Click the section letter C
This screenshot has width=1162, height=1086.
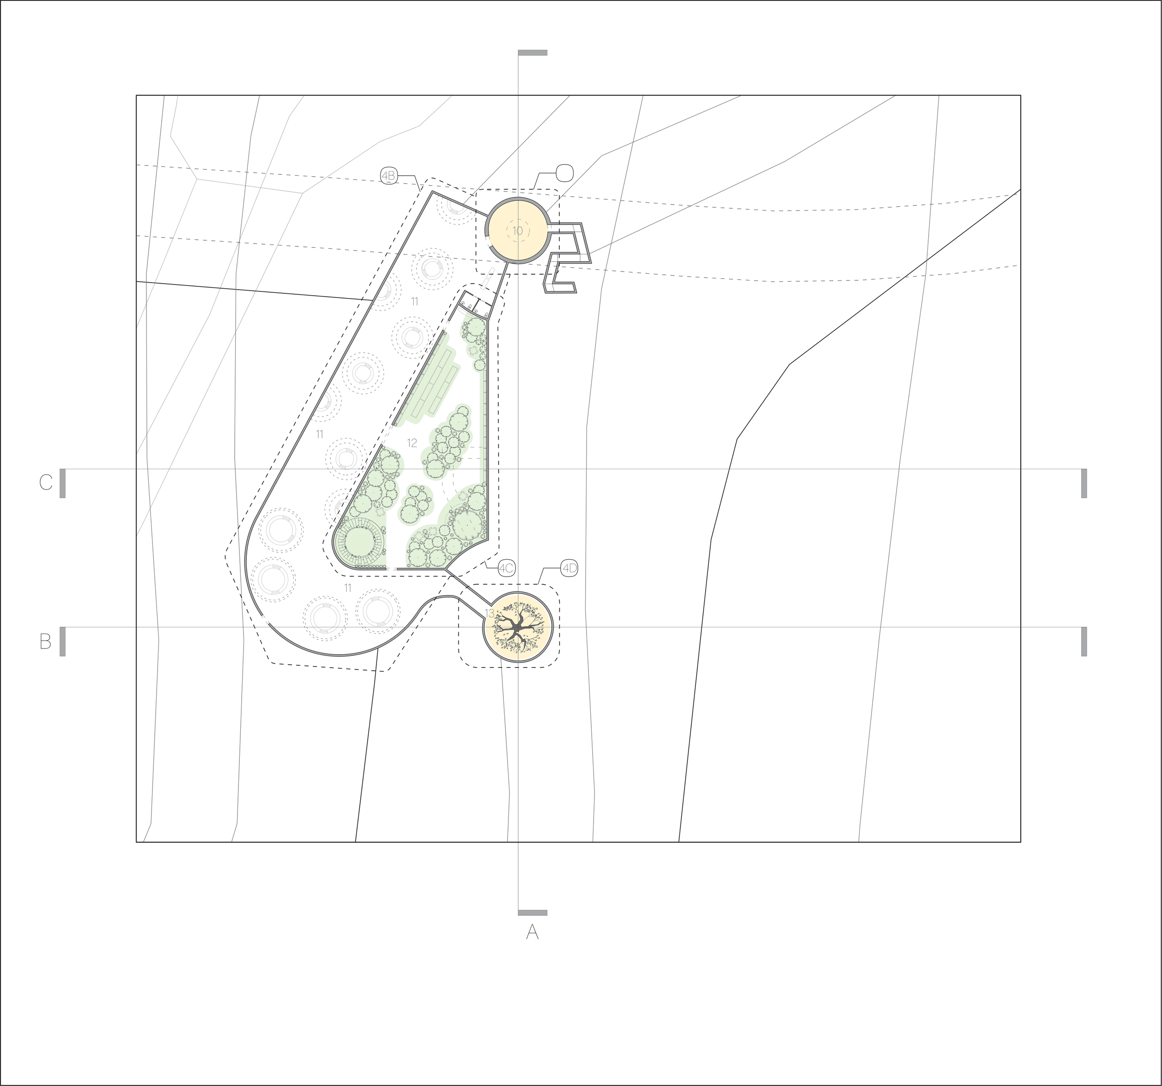tap(46, 483)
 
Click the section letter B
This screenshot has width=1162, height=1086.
tap(46, 641)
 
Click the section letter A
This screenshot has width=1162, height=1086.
tap(532, 932)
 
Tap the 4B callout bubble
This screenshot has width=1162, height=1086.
tap(389, 175)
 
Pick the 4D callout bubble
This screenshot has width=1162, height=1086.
tap(569, 568)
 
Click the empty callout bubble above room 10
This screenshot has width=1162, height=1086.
tap(564, 173)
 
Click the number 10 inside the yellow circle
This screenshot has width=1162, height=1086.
tap(518, 231)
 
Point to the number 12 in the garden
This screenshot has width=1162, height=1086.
tap(412, 443)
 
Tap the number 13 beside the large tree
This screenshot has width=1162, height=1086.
tap(489, 613)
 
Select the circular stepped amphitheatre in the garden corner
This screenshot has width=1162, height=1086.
tap(359, 542)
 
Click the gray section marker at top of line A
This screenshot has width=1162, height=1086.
tap(533, 53)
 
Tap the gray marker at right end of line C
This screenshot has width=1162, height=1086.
tap(1083, 483)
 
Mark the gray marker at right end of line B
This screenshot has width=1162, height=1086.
tap(1083, 641)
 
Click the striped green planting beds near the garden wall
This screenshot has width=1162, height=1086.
tap(435, 389)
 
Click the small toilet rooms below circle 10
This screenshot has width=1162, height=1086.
tap(475, 305)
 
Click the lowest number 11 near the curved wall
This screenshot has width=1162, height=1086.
tap(348, 588)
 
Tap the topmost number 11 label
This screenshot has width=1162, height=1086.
tap(415, 302)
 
